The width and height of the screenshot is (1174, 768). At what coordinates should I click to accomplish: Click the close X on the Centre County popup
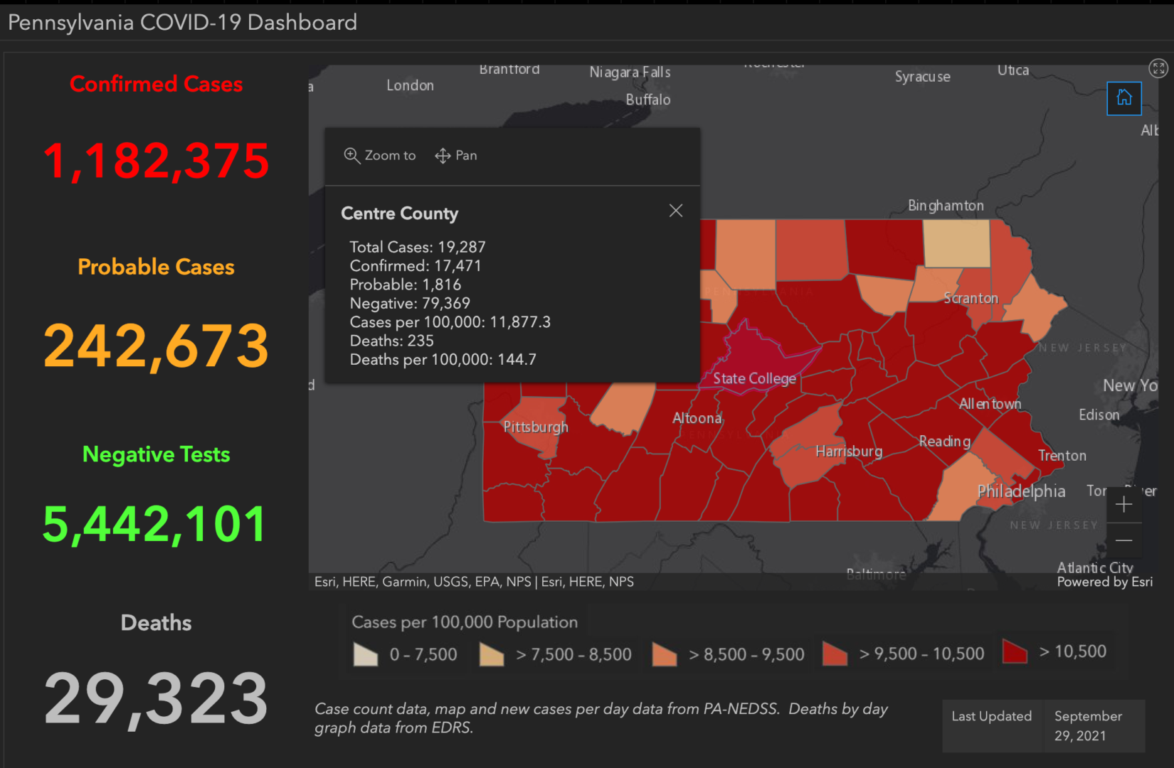[x=676, y=210]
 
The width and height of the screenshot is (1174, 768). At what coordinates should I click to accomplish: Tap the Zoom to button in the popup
[x=380, y=156]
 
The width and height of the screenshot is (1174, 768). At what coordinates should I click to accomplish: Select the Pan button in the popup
[x=456, y=156]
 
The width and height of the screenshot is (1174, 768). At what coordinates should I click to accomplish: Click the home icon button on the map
[x=1124, y=98]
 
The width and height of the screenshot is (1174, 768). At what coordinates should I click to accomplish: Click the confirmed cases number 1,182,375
[x=157, y=161]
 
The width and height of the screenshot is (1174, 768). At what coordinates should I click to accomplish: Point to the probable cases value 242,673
[x=157, y=346]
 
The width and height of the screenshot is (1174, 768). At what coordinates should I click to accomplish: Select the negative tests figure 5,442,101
[x=155, y=525]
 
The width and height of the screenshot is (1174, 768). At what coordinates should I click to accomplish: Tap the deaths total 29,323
[x=157, y=699]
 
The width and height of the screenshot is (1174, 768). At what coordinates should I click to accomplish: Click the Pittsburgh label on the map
[x=536, y=427]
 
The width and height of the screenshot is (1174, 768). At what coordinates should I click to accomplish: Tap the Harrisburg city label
[x=849, y=452]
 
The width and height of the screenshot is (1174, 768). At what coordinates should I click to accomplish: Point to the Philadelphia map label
[x=1021, y=491]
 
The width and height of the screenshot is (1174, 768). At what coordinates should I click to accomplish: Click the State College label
[x=754, y=379]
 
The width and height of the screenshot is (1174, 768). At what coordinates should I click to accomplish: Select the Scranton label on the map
[x=971, y=299]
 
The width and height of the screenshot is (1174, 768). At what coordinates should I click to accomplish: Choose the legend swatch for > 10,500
[x=1015, y=651]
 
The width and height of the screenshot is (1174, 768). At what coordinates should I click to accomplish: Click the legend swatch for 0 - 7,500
[x=366, y=654]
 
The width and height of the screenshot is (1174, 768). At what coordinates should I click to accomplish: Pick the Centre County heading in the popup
[x=400, y=213]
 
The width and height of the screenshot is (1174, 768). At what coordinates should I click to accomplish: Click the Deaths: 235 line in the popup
[x=391, y=341]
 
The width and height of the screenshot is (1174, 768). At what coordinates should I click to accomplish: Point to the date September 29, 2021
[x=1089, y=726]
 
